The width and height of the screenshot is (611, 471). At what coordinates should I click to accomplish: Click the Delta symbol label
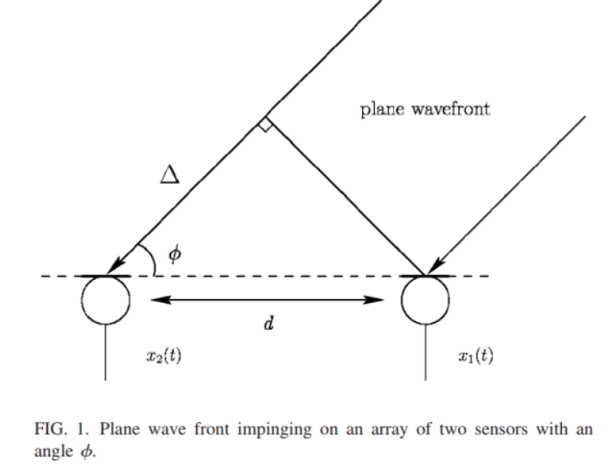[x=170, y=174]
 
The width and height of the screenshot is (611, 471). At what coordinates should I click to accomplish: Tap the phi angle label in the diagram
[x=174, y=254]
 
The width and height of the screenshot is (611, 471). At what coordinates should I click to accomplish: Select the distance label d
[x=268, y=324]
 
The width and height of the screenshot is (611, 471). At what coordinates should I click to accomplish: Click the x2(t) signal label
[x=163, y=355]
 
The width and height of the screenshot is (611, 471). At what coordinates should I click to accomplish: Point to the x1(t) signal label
[x=475, y=355]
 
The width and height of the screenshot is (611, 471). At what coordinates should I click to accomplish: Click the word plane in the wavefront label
[x=380, y=109]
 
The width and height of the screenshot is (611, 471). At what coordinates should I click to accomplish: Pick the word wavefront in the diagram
[x=452, y=109]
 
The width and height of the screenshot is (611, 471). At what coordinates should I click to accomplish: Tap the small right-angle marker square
[x=264, y=125]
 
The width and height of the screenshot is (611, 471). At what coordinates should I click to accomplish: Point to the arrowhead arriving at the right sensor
[x=436, y=266]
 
